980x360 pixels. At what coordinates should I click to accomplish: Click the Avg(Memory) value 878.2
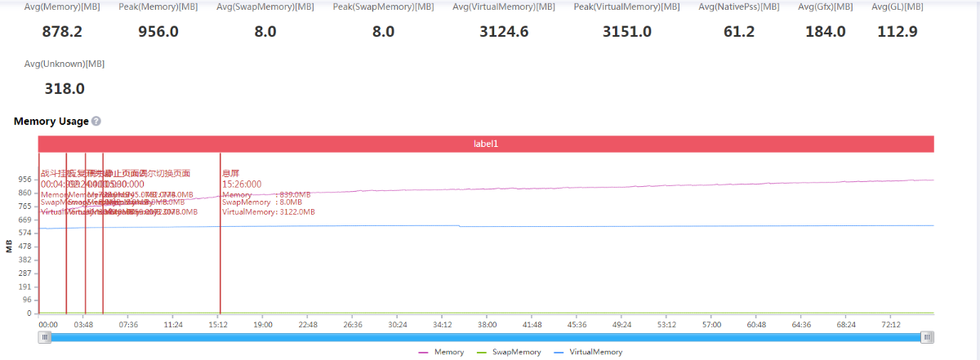[x=64, y=33]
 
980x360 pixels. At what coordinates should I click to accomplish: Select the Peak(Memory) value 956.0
[x=158, y=33]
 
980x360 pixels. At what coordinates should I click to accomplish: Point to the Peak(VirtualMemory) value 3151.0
[x=626, y=33]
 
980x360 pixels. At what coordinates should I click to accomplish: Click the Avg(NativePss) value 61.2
[x=738, y=33]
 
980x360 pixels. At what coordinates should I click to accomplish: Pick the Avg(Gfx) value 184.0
[x=826, y=33]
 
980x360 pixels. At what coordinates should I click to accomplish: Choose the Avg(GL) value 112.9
[x=898, y=33]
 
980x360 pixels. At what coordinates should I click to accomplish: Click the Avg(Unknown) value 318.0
[x=64, y=89]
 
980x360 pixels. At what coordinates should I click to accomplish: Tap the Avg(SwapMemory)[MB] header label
[x=265, y=7]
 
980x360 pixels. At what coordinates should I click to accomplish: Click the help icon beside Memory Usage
[x=96, y=122]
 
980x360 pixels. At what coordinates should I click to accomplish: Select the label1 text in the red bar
[x=486, y=144]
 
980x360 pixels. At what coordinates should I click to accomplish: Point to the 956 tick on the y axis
[x=24, y=180]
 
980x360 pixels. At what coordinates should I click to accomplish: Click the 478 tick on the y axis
[x=24, y=247]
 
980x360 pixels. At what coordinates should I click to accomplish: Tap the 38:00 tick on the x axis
[x=487, y=325]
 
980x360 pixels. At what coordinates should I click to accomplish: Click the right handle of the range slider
[x=927, y=337]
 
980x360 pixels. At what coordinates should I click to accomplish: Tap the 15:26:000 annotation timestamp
[x=242, y=184]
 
